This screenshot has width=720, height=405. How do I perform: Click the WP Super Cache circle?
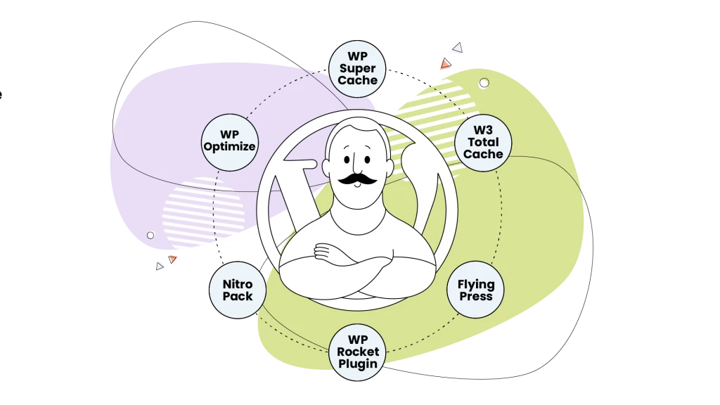coord(357,69)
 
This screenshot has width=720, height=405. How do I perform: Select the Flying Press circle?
coord(475,290)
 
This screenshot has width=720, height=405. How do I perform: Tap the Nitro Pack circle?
coord(238,290)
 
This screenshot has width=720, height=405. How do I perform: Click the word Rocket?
coord(358,352)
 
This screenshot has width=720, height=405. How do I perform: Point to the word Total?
coord(483,142)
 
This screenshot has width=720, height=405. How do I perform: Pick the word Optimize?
coord(230,147)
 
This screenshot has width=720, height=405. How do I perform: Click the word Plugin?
coord(358,364)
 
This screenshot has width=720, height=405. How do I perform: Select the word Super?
coord(357,69)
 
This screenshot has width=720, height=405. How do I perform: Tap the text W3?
coord(483,130)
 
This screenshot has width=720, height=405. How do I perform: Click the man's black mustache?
coord(357,179)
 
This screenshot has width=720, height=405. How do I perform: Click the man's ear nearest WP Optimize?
coord(326,167)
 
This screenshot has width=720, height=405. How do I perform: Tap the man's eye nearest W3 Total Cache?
coord(368,160)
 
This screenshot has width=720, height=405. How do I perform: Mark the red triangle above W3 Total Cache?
coord(445,64)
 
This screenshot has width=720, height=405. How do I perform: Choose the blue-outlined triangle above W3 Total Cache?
coord(457,47)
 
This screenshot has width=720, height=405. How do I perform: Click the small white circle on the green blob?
coord(484,83)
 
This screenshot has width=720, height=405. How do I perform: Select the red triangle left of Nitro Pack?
coord(173,259)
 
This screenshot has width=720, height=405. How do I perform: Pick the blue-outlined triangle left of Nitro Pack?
coord(160,266)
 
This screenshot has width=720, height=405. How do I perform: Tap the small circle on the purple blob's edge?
coord(150,235)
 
